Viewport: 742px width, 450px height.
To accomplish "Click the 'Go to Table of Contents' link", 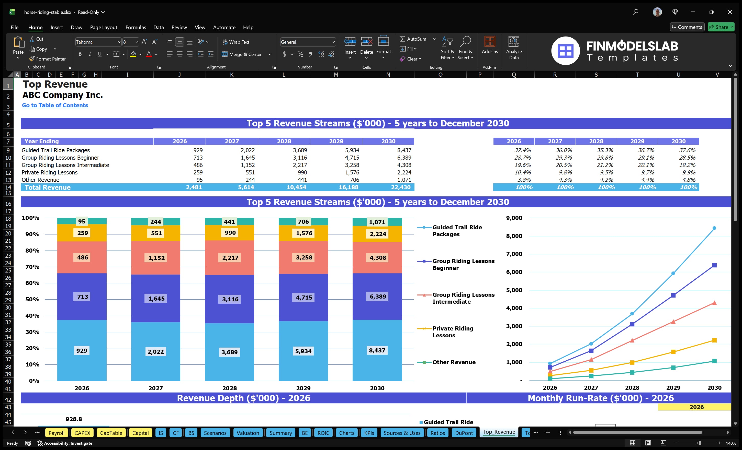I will (55, 105).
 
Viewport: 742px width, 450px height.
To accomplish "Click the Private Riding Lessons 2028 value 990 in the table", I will (302, 172).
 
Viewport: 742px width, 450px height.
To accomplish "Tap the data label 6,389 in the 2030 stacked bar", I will (378, 297).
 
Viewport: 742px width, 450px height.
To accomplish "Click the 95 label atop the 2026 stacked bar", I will (82, 221).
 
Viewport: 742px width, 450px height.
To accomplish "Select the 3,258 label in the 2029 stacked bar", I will (304, 257).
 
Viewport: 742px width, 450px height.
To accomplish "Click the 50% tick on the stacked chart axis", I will (32, 299).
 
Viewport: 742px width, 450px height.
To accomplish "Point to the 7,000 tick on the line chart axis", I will (514, 254).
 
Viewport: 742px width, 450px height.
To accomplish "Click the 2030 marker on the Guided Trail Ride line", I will (714, 228).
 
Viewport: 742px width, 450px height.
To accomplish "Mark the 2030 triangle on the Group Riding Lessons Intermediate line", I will (714, 303).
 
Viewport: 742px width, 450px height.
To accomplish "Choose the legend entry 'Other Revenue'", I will (454, 362).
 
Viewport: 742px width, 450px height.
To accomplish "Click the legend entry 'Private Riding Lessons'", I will (453, 332).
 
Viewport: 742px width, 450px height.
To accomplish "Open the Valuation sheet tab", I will (248, 433).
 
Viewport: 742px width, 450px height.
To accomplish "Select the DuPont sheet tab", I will (464, 433).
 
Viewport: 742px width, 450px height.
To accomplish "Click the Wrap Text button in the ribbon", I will (236, 42).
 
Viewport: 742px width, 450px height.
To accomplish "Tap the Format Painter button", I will (47, 59).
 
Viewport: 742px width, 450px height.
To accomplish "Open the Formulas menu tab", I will (136, 27).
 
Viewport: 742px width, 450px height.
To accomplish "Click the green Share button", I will (721, 27).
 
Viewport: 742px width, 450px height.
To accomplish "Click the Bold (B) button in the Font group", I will (80, 54).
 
